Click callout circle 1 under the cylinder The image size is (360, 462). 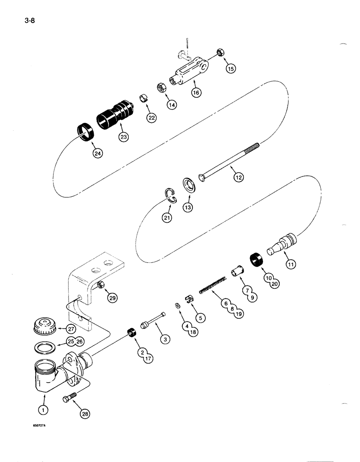[44, 409]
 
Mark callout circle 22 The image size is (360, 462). [151, 118]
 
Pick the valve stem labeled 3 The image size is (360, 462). [155, 323]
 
